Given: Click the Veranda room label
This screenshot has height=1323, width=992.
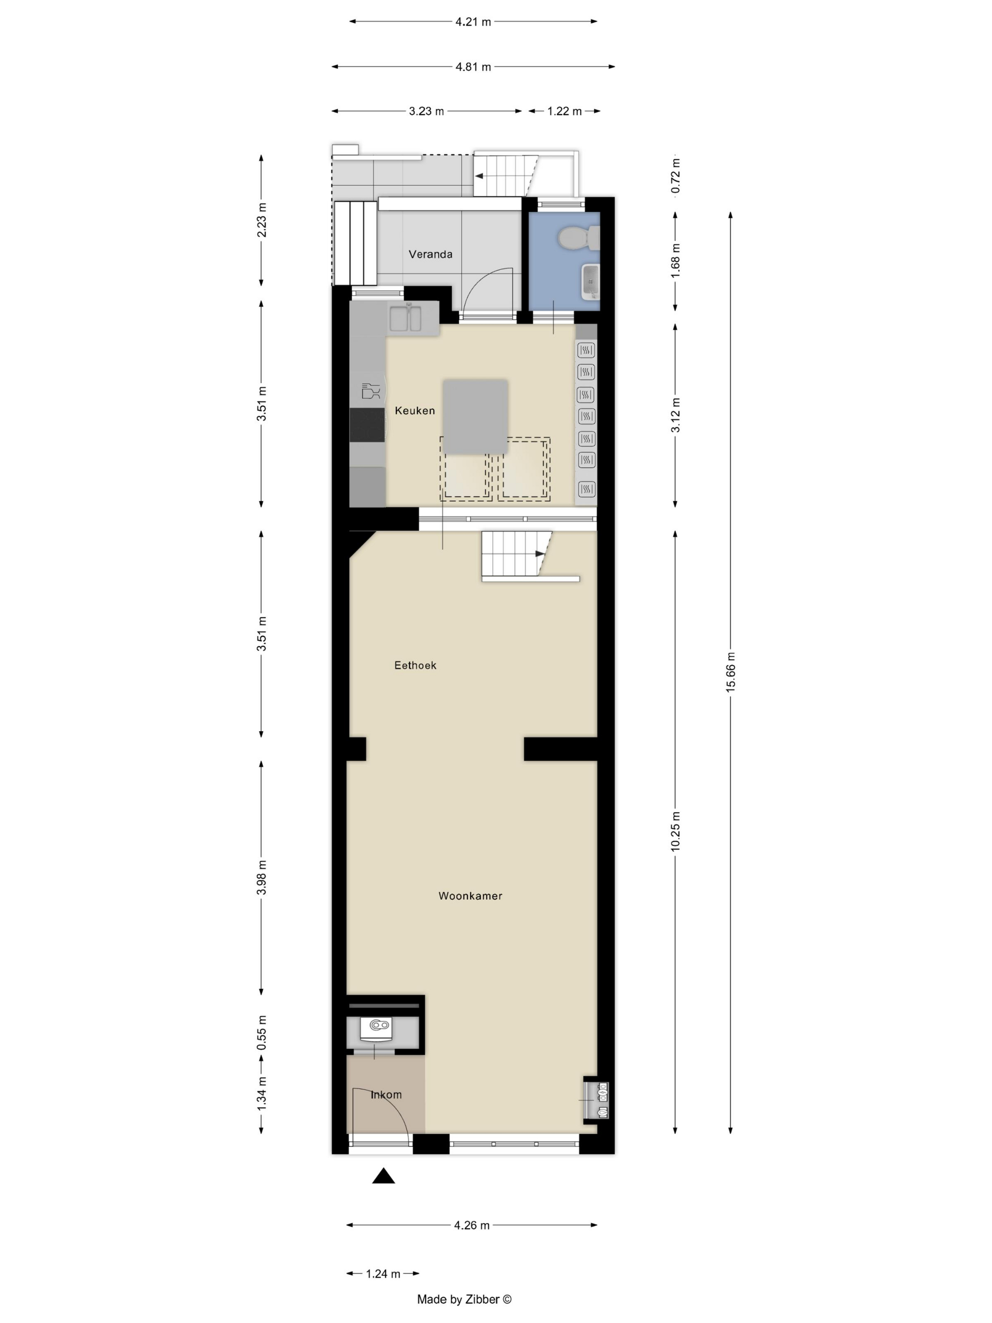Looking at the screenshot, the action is coord(430,254).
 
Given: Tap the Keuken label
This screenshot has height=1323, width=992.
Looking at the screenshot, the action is coord(414,410).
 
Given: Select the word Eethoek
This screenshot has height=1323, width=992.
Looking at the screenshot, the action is coord(415,665).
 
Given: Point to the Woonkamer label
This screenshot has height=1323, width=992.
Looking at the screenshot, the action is coord(470,895).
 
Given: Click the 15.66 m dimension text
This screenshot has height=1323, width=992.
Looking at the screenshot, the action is coord(730,672).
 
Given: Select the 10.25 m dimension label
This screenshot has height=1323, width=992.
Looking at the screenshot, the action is coord(675,831).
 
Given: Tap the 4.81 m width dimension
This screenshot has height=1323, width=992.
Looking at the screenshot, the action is coord(473,67).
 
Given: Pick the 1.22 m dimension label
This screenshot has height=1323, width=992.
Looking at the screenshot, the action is coord(564,111).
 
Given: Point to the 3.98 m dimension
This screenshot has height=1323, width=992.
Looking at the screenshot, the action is coord(261,877).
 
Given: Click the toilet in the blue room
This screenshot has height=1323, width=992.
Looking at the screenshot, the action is coord(578,238).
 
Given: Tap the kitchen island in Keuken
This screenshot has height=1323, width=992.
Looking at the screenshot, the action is coord(475,416).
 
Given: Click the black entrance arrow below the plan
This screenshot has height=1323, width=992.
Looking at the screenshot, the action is coord(383,1176).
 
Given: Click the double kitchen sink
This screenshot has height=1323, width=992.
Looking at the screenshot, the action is coord(405,318).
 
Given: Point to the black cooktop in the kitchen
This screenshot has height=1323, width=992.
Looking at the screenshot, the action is coord(367,425).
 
